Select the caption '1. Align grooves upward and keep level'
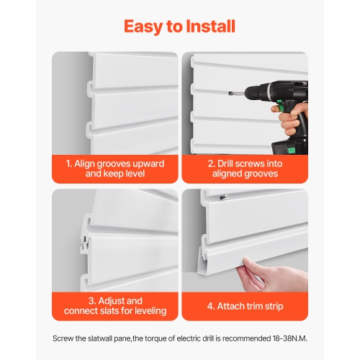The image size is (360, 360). [x=115, y=169]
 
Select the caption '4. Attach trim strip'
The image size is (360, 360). [x=244, y=305]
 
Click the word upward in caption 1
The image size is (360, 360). [x=149, y=164]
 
